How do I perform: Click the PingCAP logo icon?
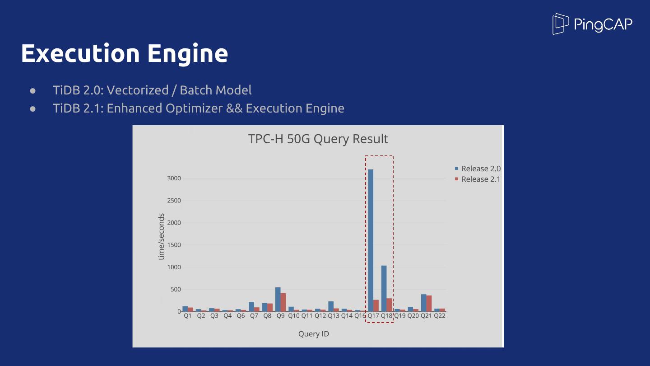[x=560, y=24]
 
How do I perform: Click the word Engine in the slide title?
[x=188, y=54]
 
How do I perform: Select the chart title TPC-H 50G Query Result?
[x=318, y=139]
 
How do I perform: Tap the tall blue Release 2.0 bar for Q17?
[x=371, y=240]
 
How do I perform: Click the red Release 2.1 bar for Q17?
[x=376, y=305]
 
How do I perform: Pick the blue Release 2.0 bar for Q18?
[x=384, y=288]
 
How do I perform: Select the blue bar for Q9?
[x=278, y=299]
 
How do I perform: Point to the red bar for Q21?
[x=429, y=303]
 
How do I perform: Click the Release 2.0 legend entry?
[x=478, y=169]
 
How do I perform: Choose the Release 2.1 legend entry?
[x=478, y=179]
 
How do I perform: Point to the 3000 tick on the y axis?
[x=174, y=178]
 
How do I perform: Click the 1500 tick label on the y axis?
[x=174, y=245]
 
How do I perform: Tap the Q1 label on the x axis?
[x=188, y=316]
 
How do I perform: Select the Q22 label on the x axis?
[x=440, y=316]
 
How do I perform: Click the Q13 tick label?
[x=334, y=316]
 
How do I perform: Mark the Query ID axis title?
[x=314, y=334]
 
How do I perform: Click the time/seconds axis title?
[x=161, y=236]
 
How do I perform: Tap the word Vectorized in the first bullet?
[x=138, y=90]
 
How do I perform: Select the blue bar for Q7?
[x=251, y=306]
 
